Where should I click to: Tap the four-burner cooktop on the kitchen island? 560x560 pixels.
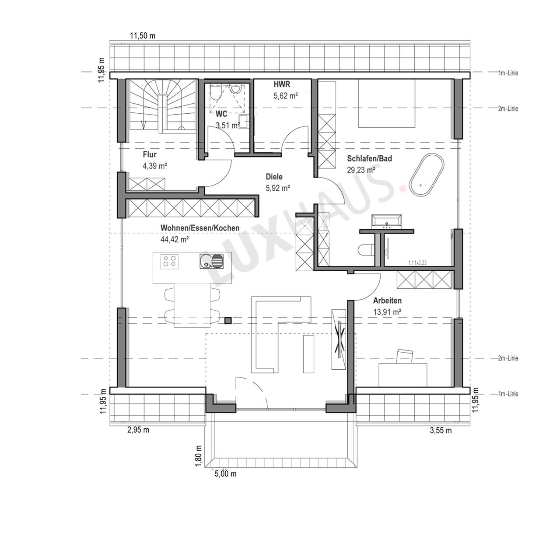(169, 261)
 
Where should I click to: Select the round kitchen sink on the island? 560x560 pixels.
(206, 260)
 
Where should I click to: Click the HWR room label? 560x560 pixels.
(282, 84)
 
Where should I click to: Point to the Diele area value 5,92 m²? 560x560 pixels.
(278, 188)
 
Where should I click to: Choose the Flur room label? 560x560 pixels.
(149, 154)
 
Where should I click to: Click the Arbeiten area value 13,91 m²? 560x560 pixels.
(387, 312)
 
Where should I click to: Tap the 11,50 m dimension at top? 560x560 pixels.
(142, 36)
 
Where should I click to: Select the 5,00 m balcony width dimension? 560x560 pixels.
(225, 474)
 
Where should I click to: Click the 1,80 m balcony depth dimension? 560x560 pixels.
(199, 456)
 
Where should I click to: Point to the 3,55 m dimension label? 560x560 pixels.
(441, 430)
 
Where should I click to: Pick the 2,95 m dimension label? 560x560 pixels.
(138, 430)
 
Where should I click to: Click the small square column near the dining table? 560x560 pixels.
(228, 320)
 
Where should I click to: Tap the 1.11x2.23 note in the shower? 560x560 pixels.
(417, 262)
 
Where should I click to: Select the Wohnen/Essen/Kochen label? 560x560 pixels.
(200, 228)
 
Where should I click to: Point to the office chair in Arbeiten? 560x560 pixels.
(405, 356)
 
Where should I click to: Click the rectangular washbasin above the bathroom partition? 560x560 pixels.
(386, 221)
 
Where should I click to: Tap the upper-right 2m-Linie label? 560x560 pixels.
(508, 108)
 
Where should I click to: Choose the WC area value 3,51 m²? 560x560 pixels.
(228, 125)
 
